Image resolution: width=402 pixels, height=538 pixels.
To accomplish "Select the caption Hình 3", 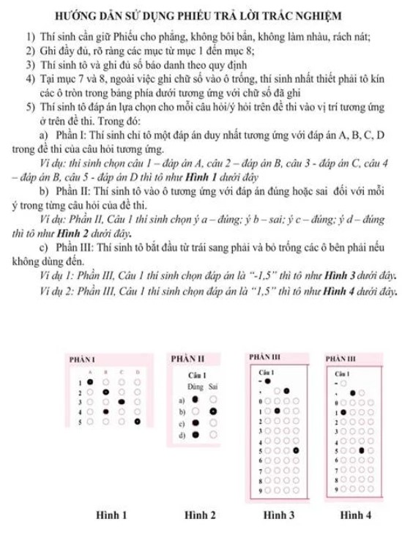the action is [279, 515].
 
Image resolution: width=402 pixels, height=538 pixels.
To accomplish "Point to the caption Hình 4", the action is [356, 515].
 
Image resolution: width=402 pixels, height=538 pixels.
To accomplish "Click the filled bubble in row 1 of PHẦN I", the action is [89, 381].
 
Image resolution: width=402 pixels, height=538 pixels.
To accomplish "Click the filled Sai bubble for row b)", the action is [213, 411].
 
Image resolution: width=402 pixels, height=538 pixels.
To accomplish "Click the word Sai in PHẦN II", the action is [213, 386].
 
